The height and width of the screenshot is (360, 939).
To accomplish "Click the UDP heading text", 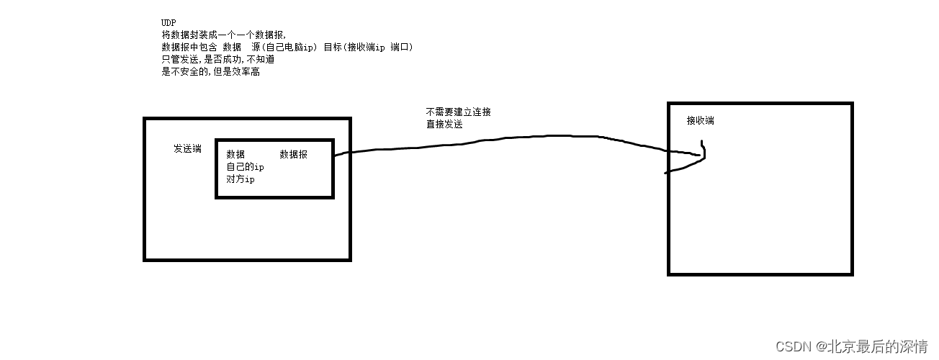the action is (x=169, y=23).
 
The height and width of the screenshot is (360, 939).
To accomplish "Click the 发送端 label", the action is (x=187, y=149).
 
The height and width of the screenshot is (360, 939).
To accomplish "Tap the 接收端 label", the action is (x=700, y=121).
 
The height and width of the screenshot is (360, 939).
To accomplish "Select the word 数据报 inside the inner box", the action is (x=293, y=155).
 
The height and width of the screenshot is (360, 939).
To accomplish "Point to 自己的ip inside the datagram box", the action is (x=245, y=167).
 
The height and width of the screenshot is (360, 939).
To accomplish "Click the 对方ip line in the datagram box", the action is (x=241, y=179).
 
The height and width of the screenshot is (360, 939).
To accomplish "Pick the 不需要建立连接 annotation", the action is (x=459, y=112).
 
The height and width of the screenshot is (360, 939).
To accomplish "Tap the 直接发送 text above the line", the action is (x=444, y=125).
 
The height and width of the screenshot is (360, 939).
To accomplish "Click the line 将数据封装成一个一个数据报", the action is (x=224, y=35).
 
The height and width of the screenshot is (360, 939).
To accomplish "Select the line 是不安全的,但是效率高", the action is (x=210, y=72).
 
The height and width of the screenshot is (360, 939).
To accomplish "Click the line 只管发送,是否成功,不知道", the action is (x=217, y=60).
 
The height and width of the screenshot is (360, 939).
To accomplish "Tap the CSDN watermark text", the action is (x=794, y=346).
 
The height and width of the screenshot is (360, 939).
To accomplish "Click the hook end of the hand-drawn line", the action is (x=702, y=153).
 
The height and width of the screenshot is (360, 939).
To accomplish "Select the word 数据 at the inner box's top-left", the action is (x=235, y=155).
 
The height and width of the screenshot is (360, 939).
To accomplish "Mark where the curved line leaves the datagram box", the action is (x=336, y=153).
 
